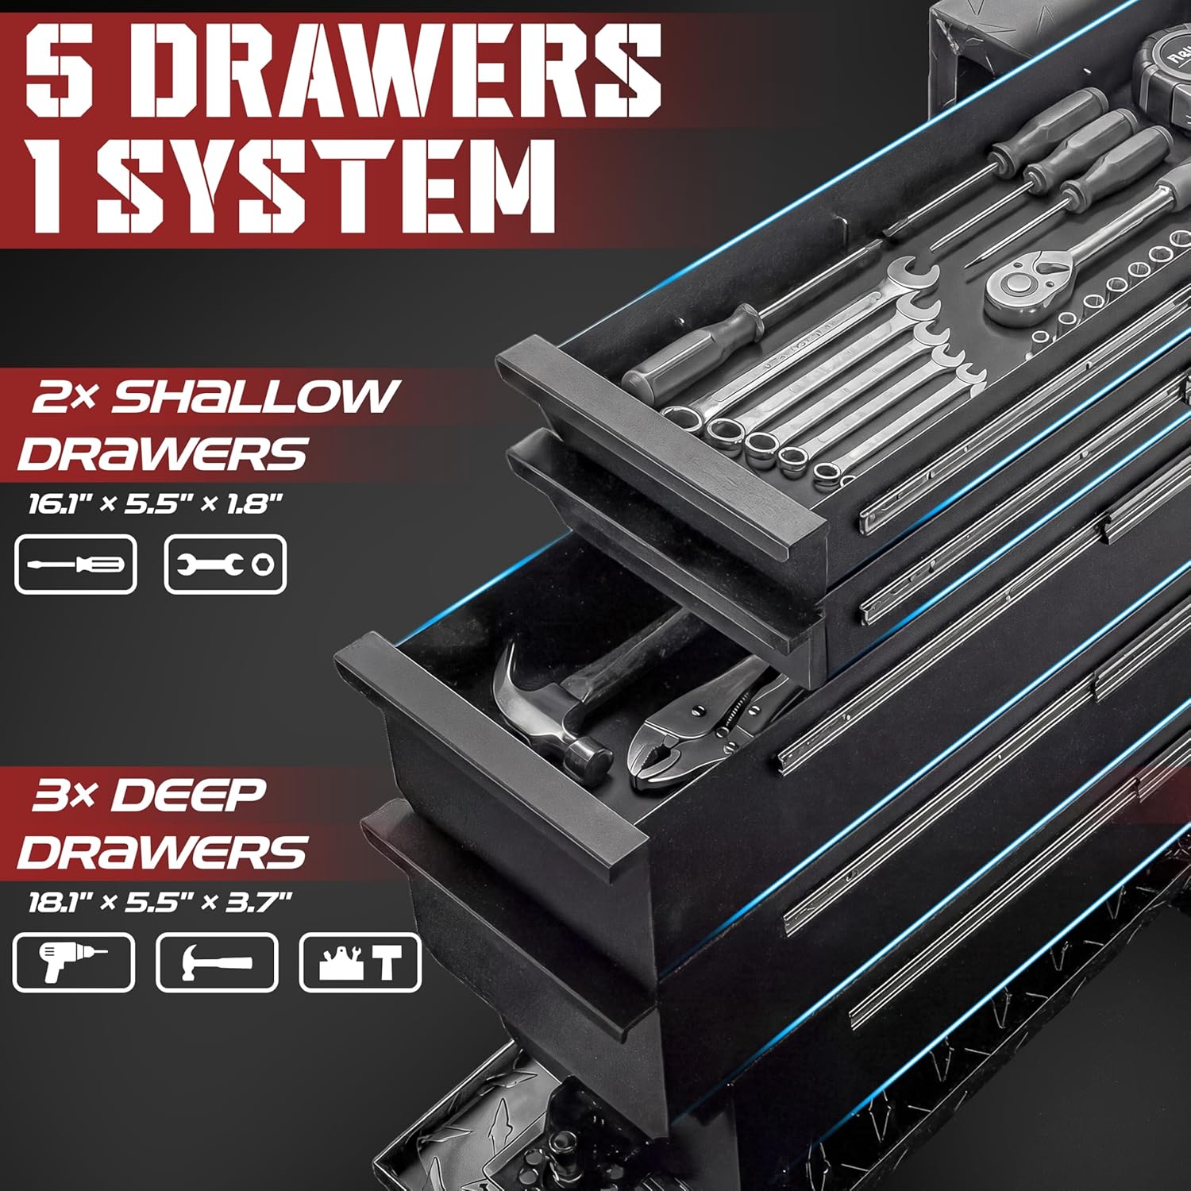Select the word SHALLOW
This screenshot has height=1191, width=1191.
(x=254, y=396)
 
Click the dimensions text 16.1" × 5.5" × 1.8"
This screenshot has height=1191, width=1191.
(x=156, y=504)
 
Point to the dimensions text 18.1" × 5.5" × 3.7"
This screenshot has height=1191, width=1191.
(x=160, y=902)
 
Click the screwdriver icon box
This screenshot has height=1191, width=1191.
(x=76, y=565)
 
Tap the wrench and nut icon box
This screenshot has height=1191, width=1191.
(x=225, y=565)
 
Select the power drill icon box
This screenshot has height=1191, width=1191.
(x=73, y=962)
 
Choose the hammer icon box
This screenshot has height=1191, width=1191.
(x=217, y=962)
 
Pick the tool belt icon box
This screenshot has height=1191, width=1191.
(x=360, y=962)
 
